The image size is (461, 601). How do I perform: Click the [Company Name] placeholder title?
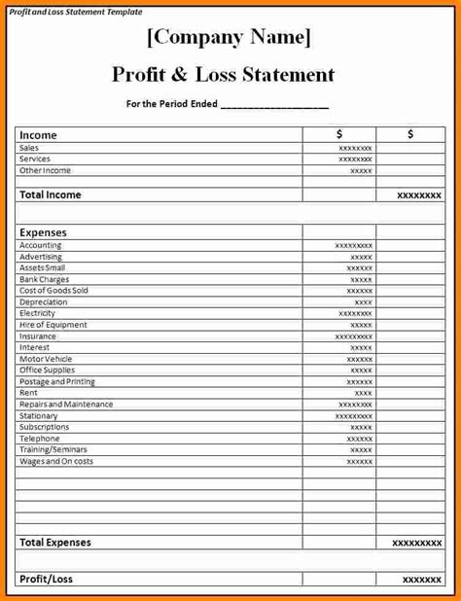coord(230,39)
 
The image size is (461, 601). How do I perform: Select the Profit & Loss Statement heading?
coord(224,75)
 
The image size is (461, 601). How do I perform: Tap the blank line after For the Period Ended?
coord(275,105)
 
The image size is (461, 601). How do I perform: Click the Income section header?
coord(39,135)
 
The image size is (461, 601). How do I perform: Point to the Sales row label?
coord(28,148)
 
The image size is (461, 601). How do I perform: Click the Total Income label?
coord(51,194)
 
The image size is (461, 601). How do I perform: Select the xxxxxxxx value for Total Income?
coord(419,195)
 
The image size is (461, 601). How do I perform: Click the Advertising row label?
coord(40,257)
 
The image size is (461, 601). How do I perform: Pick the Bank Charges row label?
coord(44,279)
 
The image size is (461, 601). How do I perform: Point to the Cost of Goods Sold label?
coord(53,291)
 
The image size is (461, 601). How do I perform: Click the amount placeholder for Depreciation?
coord(363,302)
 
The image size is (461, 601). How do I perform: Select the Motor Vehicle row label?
coord(46,359)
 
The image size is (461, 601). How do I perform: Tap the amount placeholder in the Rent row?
coord(363,393)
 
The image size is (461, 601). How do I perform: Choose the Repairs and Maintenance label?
coord(66,405)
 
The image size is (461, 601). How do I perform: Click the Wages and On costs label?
coord(56,461)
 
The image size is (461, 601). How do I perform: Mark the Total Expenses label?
coord(55,543)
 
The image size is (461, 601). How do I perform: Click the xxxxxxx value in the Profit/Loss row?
coord(422,580)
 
